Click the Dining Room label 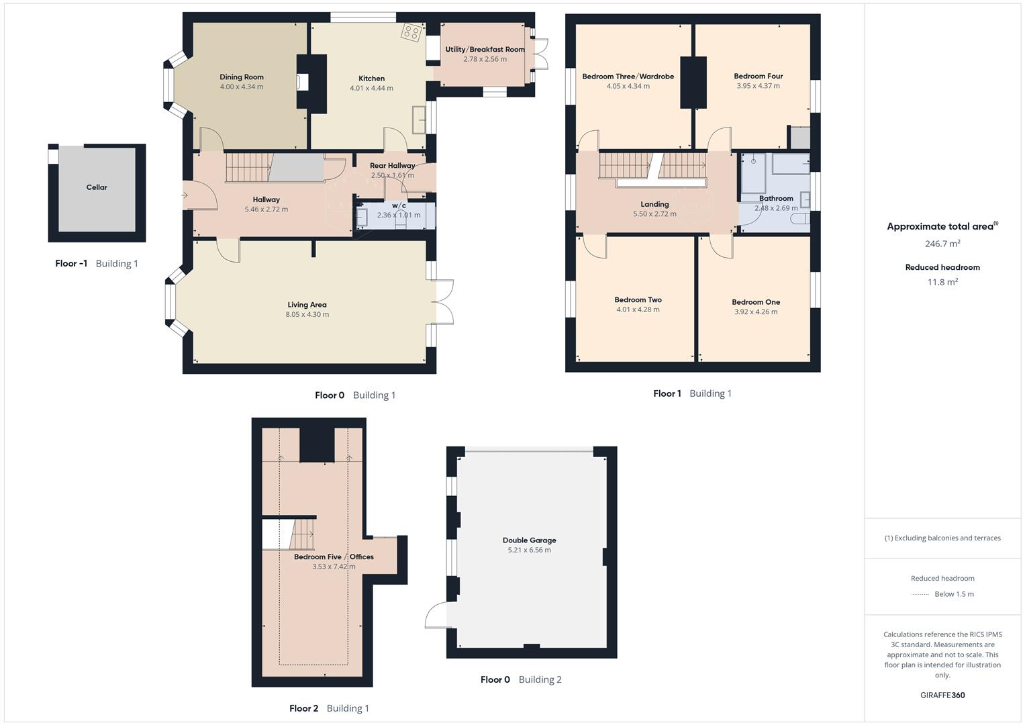242,77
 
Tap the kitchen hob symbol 411,32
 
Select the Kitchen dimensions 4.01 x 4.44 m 371,88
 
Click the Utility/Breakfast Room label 485,50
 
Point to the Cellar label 97,187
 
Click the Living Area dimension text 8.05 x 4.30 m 307,314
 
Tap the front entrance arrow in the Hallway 185,195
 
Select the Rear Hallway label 392,166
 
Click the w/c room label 399,205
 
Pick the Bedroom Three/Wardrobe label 628,77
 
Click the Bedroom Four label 758,77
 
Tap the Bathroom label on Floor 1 776,199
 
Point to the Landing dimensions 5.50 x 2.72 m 654,214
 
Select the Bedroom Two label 638,300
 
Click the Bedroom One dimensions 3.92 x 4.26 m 756,311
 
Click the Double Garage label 529,540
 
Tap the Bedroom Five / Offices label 334,557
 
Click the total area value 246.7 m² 942,244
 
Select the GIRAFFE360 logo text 942,695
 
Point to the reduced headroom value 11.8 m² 942,282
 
